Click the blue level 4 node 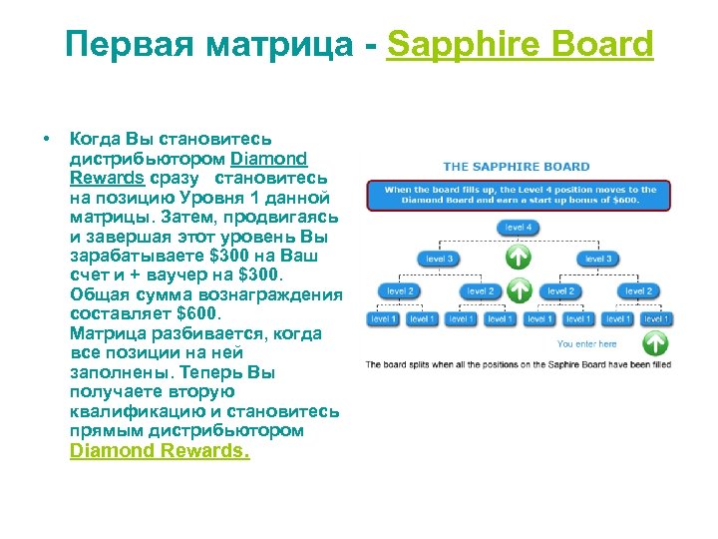518,228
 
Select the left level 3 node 439,260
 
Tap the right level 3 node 597,260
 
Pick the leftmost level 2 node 400,291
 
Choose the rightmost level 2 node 637,291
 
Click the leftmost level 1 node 383,319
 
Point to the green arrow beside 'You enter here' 654,343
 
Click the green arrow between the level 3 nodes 519,259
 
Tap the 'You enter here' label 586,344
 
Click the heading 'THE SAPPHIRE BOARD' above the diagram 516,167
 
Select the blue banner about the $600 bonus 518,195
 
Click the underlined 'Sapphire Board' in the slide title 520,44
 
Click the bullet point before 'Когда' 46,139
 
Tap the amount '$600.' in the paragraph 212,314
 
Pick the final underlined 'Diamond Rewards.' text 160,450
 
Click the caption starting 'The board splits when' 518,364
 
